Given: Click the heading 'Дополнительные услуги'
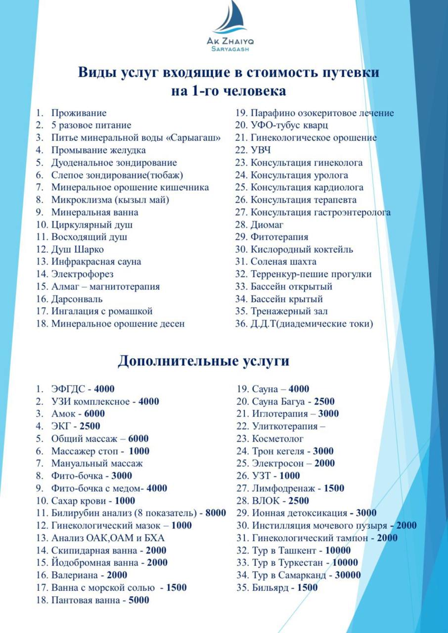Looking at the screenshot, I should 203,361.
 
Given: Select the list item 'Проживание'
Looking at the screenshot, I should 79,113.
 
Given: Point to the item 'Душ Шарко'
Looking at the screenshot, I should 77,249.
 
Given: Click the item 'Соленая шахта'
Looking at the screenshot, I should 283,262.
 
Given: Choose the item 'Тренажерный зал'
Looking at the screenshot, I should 289,312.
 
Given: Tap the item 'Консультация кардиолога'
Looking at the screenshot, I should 307,187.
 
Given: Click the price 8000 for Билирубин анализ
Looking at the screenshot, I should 216,513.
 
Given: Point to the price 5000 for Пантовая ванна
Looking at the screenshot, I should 139,600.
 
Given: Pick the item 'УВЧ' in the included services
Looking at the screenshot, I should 261,150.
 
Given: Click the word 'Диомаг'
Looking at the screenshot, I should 267,225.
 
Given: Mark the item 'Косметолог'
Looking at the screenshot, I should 277,439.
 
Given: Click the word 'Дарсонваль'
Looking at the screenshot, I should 77,299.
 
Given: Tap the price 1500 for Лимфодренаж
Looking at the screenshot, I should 334,488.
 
